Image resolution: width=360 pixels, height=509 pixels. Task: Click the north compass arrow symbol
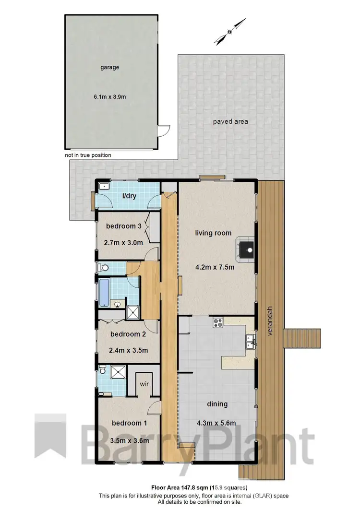pos(230,31)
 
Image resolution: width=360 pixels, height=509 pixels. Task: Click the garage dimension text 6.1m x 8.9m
pos(110,97)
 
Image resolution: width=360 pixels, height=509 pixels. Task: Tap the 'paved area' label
pos(230,121)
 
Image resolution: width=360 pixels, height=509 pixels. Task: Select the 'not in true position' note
pos(88,155)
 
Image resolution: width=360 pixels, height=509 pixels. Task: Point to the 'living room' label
pos(213,233)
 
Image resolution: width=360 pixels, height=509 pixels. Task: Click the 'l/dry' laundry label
pos(129,196)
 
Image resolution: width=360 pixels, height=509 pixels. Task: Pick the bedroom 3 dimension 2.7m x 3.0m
pos(123,243)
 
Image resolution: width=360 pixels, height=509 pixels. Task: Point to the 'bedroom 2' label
pos(128,334)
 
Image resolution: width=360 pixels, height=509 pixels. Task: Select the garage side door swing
pos(165,130)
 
